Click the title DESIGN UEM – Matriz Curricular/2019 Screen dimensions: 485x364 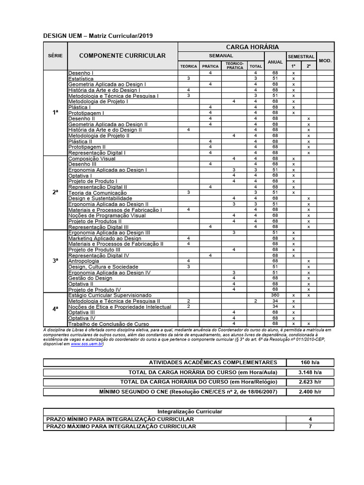(98, 36)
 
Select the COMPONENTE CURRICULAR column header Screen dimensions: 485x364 (122, 55)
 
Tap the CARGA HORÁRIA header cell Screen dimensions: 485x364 (252, 46)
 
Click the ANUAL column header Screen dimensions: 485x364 (275, 62)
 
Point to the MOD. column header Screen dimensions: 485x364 (325, 61)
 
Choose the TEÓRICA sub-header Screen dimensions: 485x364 (189, 66)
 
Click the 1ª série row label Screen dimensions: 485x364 (55, 113)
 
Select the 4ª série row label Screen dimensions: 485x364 (55, 309)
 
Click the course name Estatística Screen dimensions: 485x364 (81, 79)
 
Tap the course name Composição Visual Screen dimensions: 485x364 (92, 159)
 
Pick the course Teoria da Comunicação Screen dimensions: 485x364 (98, 193)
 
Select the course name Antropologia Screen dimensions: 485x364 (84, 261)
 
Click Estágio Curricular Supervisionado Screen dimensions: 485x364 (109, 295)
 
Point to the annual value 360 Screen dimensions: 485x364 (275, 295)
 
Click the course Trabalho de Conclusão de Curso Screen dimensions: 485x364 (109, 323)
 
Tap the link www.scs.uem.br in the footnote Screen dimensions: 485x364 (87, 344)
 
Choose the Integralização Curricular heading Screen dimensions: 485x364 (189, 412)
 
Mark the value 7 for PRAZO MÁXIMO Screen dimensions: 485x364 (310, 426)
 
